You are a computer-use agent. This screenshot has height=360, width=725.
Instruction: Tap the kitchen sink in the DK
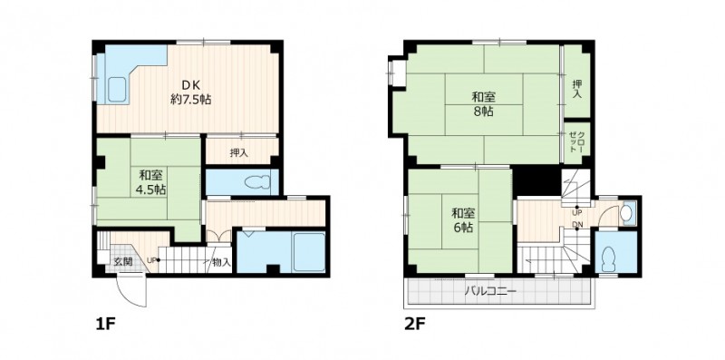tap(117, 89)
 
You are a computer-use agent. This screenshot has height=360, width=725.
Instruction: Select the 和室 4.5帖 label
tap(150, 182)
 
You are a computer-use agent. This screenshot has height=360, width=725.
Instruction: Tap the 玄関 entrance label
tap(122, 261)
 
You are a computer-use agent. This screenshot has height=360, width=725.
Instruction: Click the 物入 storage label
tap(220, 262)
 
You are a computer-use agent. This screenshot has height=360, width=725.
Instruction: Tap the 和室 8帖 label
tap(481, 102)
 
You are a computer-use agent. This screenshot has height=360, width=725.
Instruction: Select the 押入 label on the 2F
tap(577, 88)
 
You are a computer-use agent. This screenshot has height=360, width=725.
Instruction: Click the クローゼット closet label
tap(576, 141)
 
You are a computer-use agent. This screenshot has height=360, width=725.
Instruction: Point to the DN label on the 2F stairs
tap(576, 225)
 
